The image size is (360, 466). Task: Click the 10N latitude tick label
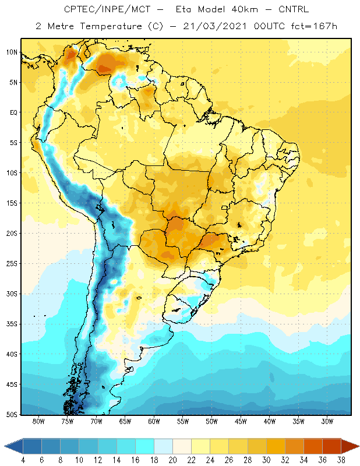point(12,52)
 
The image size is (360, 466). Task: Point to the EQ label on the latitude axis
point(13,112)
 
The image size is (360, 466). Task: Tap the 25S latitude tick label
point(12,264)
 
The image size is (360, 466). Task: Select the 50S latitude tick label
point(12,414)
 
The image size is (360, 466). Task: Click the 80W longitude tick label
point(38,421)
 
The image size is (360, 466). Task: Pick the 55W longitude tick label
point(183,421)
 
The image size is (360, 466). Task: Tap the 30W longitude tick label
point(327,421)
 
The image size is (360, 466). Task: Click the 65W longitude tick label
point(125,421)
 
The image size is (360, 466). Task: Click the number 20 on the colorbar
point(172,460)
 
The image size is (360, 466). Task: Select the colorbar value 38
point(341,460)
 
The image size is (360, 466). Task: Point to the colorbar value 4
point(23,460)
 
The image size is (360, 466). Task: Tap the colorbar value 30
point(266,460)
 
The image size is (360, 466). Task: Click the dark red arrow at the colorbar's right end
point(350,446)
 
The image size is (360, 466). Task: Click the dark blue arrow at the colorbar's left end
point(14,446)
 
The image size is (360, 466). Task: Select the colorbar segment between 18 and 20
point(163,446)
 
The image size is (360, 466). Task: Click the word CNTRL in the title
point(294,9)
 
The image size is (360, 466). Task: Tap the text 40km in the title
point(244,9)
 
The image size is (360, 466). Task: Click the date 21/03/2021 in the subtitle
point(214,26)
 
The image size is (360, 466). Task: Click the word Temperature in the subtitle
point(111,27)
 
